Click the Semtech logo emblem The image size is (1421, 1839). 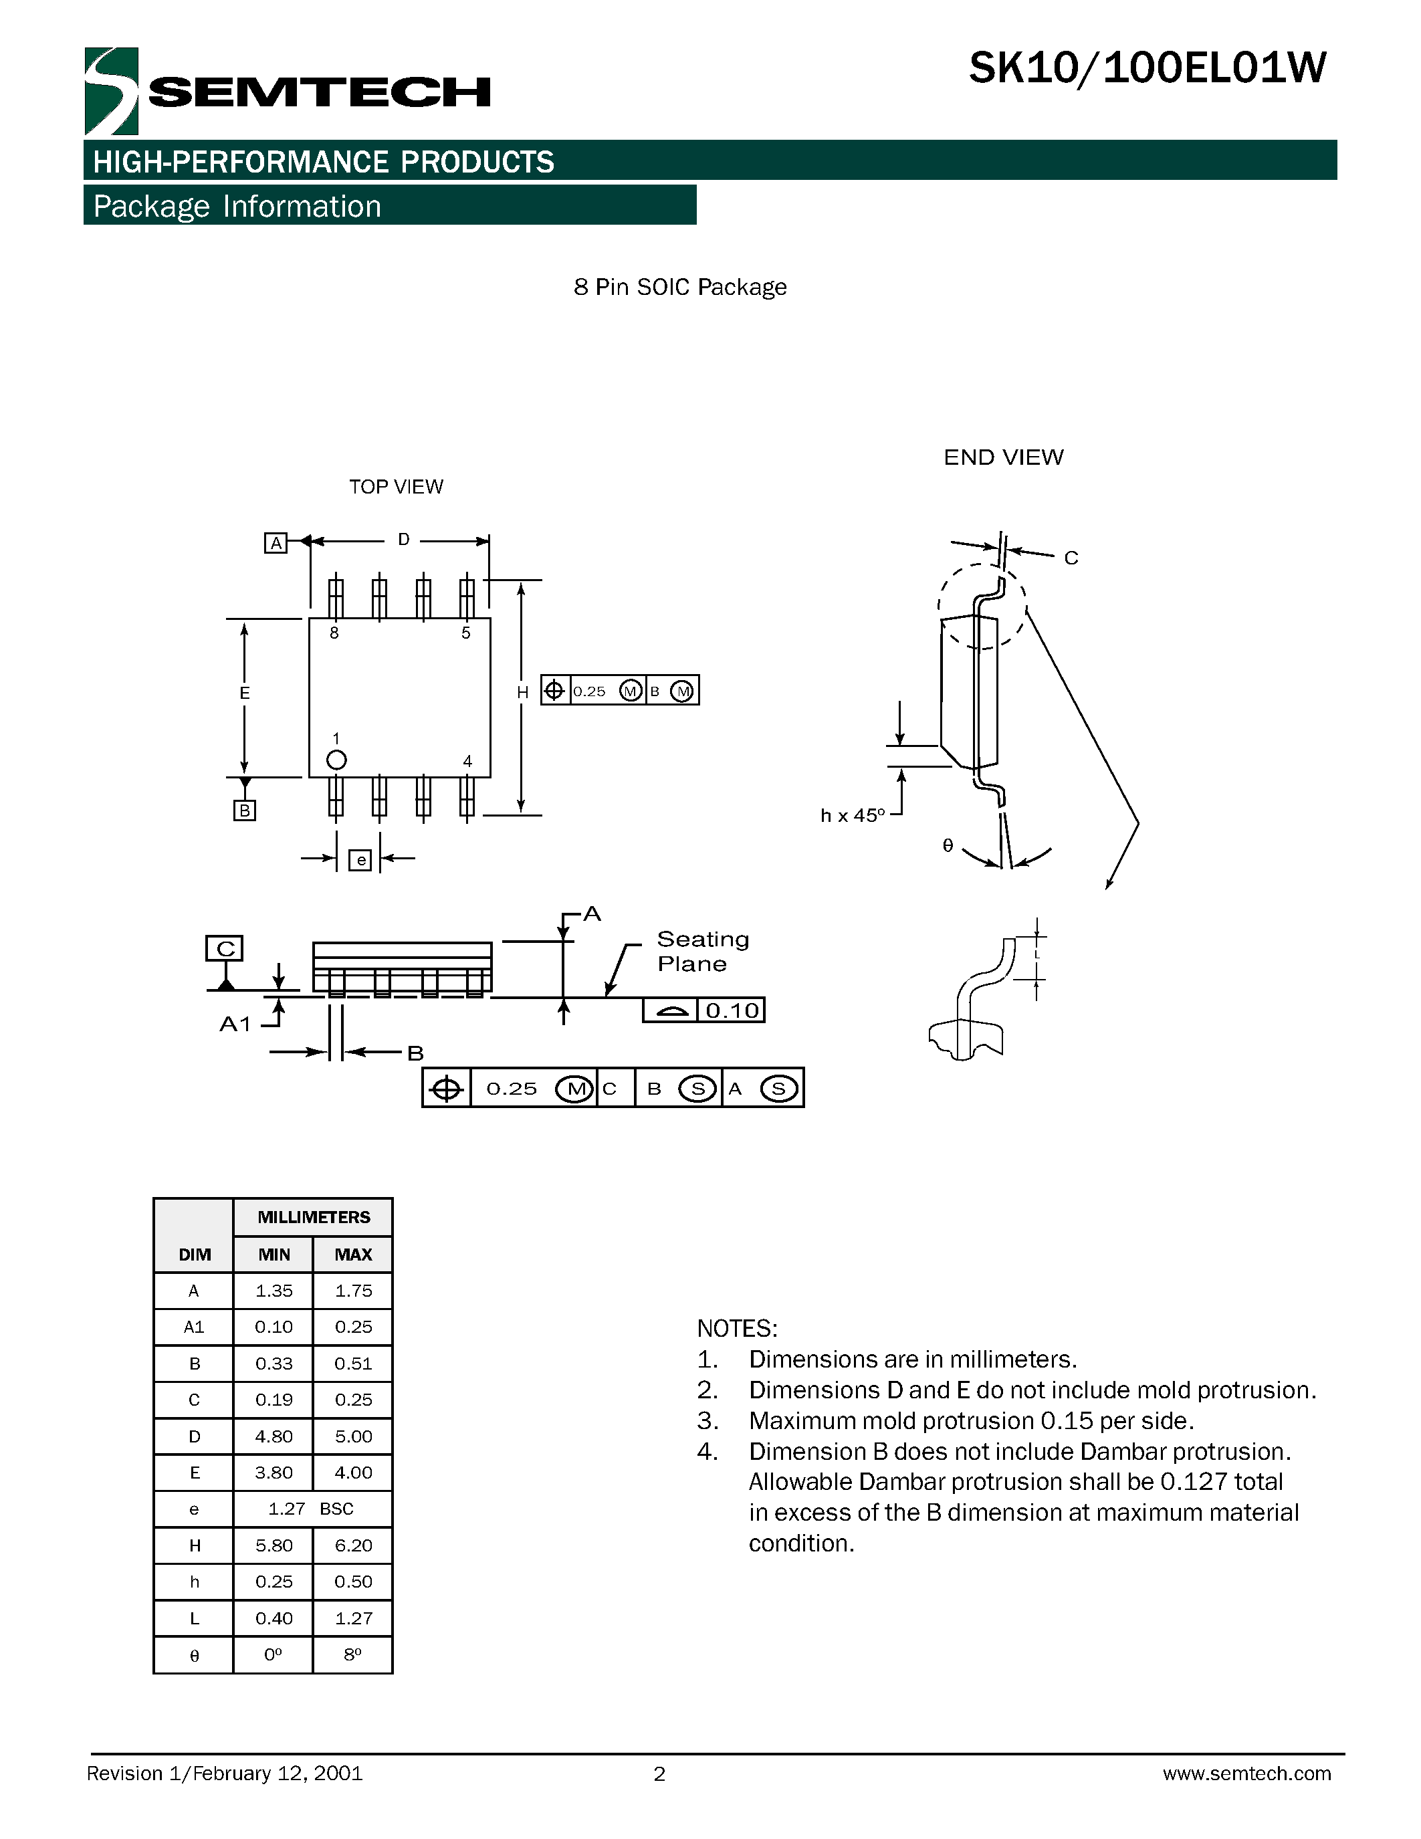click(110, 91)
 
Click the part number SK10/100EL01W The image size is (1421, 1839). click(1147, 69)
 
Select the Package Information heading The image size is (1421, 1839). click(237, 206)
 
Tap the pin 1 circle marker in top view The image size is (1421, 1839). click(336, 760)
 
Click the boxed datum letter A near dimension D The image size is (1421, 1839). click(276, 543)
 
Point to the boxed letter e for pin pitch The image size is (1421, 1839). click(360, 860)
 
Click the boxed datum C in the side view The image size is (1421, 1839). click(225, 948)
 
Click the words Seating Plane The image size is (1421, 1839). click(701, 952)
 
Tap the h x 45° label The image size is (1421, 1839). click(852, 816)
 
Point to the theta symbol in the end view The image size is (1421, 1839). click(948, 845)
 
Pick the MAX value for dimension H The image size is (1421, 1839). click(352, 1545)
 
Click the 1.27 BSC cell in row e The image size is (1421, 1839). click(311, 1509)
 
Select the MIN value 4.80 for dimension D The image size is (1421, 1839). click(274, 1436)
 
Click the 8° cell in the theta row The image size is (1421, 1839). click(352, 1654)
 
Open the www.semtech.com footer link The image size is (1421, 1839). click(1246, 1774)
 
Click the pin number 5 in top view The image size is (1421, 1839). click(465, 633)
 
